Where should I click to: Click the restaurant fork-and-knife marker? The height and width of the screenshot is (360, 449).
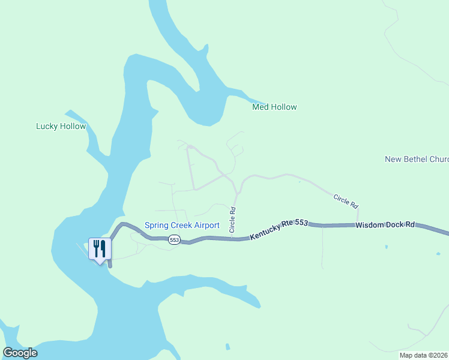[100, 248]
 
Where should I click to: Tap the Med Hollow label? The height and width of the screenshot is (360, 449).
[274, 107]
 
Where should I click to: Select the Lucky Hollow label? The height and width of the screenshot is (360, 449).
[61, 127]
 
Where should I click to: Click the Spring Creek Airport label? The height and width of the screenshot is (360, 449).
[182, 226]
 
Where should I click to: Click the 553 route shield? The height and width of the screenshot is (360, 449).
[174, 240]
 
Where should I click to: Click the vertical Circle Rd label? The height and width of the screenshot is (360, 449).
[232, 220]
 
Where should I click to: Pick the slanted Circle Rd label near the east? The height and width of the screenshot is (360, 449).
[345, 200]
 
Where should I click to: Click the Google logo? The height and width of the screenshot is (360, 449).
[20, 353]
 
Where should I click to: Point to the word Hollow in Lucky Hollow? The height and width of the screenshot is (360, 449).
[73, 127]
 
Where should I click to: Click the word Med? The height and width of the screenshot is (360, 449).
[260, 107]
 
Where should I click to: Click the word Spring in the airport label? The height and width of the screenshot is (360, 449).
[157, 226]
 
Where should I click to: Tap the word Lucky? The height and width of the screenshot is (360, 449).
[47, 127]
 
